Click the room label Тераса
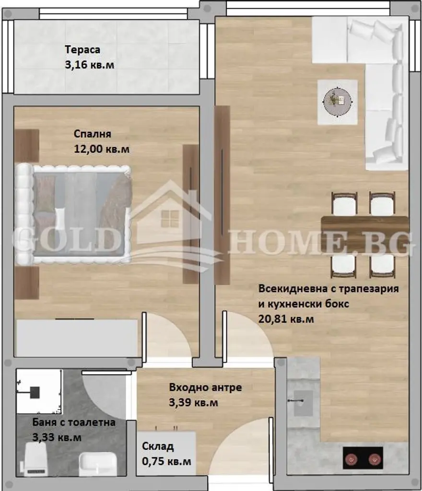click(x=82, y=50)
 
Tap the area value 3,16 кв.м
click(x=90, y=65)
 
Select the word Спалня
click(x=93, y=134)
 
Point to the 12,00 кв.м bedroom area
click(x=102, y=149)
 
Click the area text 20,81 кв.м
click(x=286, y=319)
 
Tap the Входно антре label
click(x=205, y=387)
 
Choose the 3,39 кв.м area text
click(x=193, y=402)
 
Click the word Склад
click(x=158, y=446)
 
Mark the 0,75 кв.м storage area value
click(x=166, y=461)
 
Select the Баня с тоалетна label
click(x=74, y=422)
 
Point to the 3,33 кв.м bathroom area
click(x=57, y=437)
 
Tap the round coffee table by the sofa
click(x=338, y=102)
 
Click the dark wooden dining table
click(x=365, y=234)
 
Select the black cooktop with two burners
click(x=363, y=458)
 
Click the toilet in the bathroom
click(x=35, y=460)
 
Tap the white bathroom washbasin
click(x=98, y=464)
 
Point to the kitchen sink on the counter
click(x=303, y=403)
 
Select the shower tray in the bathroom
click(x=39, y=392)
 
